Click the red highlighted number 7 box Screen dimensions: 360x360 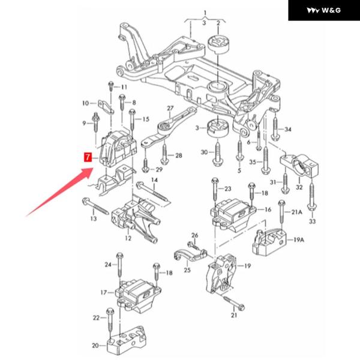tap(88, 157)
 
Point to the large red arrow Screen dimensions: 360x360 tap(59, 192)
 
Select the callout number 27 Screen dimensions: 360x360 tap(170, 108)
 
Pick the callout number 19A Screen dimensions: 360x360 tap(299, 240)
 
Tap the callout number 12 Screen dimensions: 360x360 tap(128, 238)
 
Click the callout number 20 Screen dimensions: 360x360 tap(95, 346)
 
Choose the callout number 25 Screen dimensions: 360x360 tap(187, 270)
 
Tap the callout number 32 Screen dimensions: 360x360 tap(299, 187)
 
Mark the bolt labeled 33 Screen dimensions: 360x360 tap(311, 197)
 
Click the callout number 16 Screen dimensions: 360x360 tap(268, 209)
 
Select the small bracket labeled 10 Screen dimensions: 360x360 tap(106, 107)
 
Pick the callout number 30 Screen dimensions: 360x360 tap(204, 152)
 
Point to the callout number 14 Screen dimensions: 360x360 tap(155, 180)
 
